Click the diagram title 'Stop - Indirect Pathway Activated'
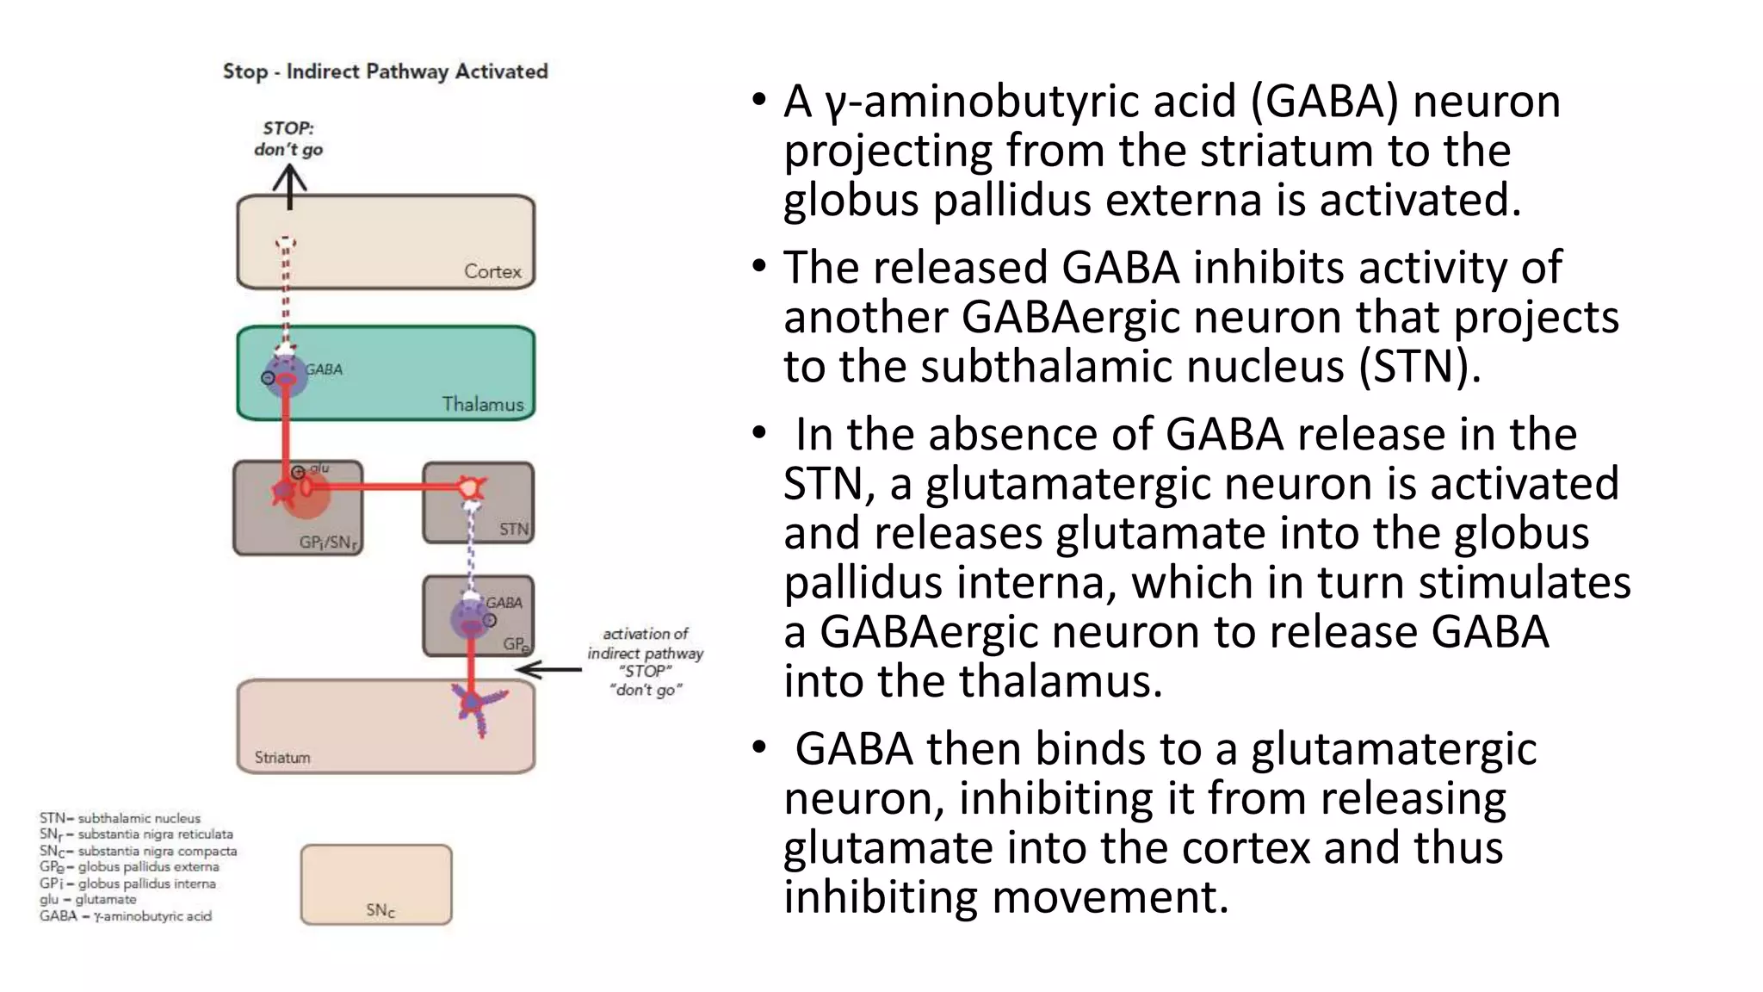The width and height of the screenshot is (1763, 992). (x=385, y=71)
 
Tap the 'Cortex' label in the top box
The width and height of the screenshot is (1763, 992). (x=492, y=271)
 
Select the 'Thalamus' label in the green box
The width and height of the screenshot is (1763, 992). (x=482, y=404)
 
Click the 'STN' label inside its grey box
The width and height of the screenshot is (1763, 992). (x=513, y=529)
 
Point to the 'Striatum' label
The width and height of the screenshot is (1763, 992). (x=282, y=758)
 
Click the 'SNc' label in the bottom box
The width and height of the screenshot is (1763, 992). (x=380, y=910)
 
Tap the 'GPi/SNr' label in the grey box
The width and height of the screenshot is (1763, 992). (x=328, y=542)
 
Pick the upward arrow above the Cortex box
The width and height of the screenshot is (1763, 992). (x=289, y=186)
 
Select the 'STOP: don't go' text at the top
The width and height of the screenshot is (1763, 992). (x=288, y=139)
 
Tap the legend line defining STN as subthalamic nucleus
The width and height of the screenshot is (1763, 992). (x=120, y=818)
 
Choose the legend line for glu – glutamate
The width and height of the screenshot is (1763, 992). (x=88, y=899)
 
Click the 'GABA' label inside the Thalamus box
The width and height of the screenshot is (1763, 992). (x=324, y=369)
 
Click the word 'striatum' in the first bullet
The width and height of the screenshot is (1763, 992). (x=1287, y=151)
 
